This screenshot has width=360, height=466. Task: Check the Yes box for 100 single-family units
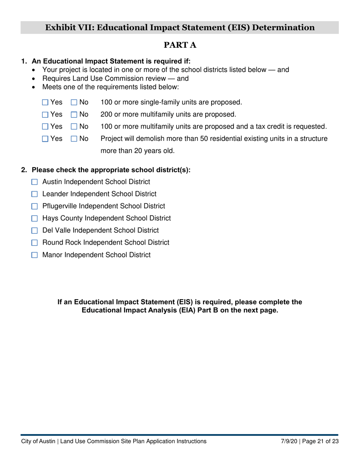click(x=45, y=102)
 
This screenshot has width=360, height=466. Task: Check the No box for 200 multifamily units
click(x=74, y=114)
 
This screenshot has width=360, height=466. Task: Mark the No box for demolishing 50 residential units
click(x=74, y=139)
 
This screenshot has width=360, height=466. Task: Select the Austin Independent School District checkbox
click(x=35, y=182)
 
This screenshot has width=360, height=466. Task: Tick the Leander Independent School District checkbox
click(x=35, y=194)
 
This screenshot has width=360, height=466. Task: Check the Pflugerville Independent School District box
click(x=35, y=206)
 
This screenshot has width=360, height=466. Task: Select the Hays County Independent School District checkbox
click(x=35, y=219)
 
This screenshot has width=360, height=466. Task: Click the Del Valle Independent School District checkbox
click(x=35, y=231)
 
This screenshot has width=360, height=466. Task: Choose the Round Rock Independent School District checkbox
click(x=35, y=243)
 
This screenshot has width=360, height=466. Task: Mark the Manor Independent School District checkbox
click(x=35, y=255)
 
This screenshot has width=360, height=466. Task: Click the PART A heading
click(x=180, y=45)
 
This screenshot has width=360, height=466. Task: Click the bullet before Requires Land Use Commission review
click(x=34, y=79)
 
